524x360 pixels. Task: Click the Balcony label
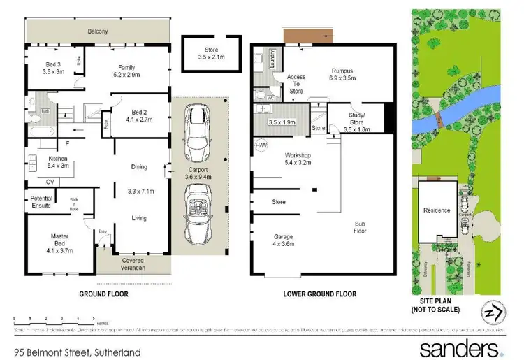coord(97,31)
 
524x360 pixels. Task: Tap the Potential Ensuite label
coord(41,202)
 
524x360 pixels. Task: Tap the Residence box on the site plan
coord(437,210)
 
